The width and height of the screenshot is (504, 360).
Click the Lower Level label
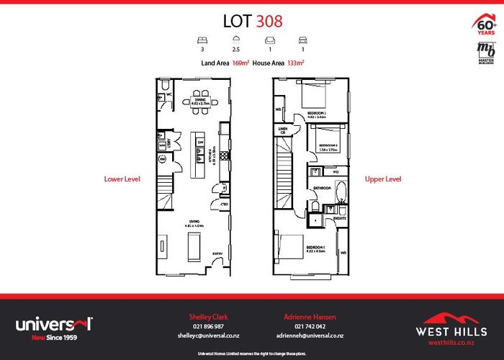[122, 179]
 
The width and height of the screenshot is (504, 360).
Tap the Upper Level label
[383, 179]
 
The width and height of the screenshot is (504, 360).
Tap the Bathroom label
[321, 189]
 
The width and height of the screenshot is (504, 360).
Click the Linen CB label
[283, 130]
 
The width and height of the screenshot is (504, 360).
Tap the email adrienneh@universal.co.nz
[310, 336]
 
